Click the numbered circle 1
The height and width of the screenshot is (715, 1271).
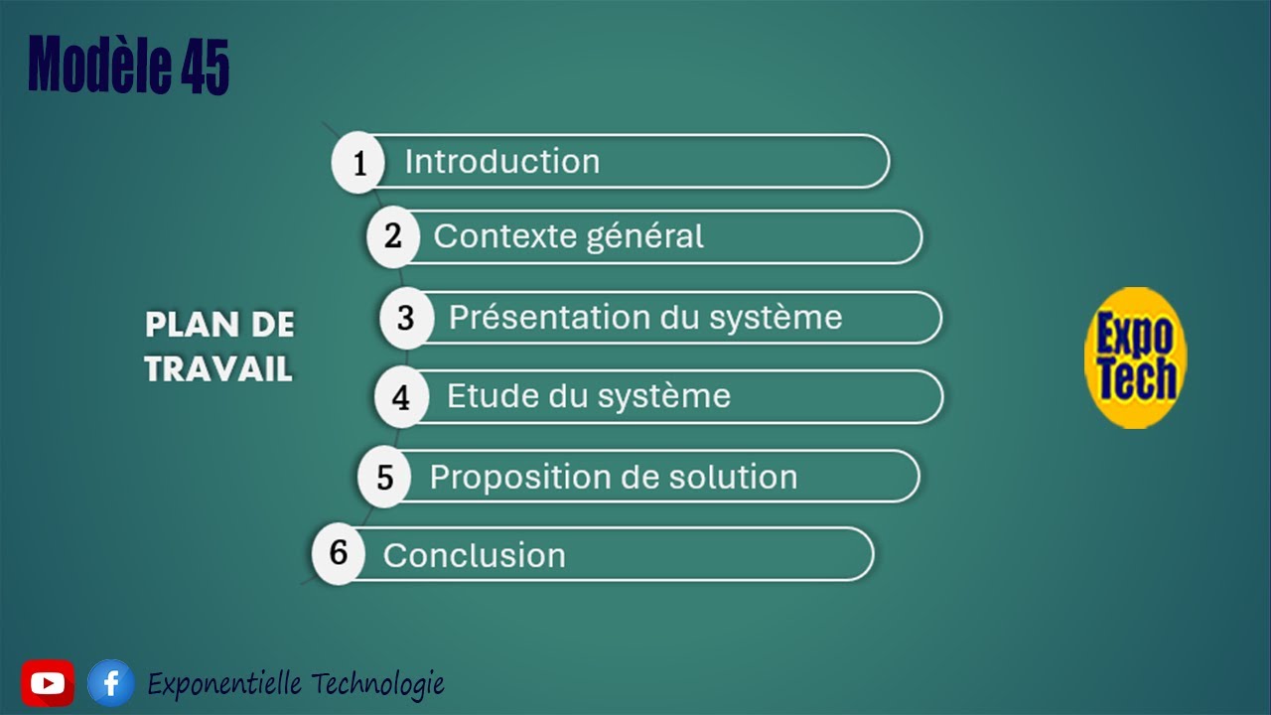pos(358,162)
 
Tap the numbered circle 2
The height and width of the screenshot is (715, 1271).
pos(393,237)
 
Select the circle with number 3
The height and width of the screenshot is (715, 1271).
pos(406,318)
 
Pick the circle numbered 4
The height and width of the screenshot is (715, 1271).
pos(401,397)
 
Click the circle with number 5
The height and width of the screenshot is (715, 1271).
pos(384,478)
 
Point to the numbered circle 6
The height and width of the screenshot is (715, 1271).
pos(339,552)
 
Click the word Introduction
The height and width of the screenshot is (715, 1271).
pos(501,162)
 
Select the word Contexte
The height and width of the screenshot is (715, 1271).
pos(479,237)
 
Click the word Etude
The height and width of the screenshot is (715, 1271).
pos(490,396)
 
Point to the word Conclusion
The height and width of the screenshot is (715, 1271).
pos(474,555)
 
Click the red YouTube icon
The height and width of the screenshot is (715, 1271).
pos(48,683)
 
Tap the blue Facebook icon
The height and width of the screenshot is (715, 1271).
pos(110,683)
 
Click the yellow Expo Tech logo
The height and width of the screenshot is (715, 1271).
pos(1135,357)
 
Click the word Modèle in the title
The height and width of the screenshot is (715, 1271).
pos(100,66)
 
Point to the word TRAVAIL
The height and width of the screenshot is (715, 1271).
pos(218,369)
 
